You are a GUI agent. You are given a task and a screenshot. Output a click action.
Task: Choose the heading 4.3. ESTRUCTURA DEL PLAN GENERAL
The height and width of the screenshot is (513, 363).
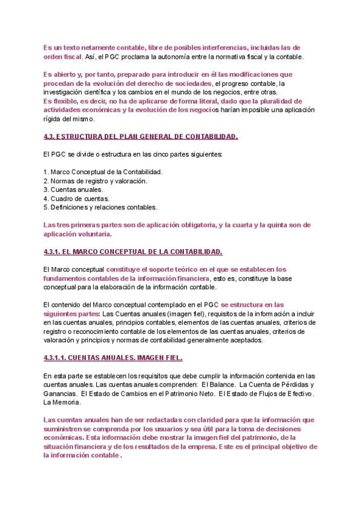(x=141, y=136)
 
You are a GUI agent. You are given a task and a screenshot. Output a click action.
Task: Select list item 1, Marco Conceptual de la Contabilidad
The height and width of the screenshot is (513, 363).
(x=103, y=172)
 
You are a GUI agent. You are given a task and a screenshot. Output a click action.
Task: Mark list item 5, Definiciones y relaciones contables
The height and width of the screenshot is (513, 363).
(x=100, y=207)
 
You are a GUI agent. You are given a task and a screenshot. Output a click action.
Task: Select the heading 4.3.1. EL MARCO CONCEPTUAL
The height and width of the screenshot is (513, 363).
(x=133, y=251)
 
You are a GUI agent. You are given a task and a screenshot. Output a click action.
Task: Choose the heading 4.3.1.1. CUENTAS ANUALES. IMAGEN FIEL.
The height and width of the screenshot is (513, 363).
(x=113, y=358)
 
